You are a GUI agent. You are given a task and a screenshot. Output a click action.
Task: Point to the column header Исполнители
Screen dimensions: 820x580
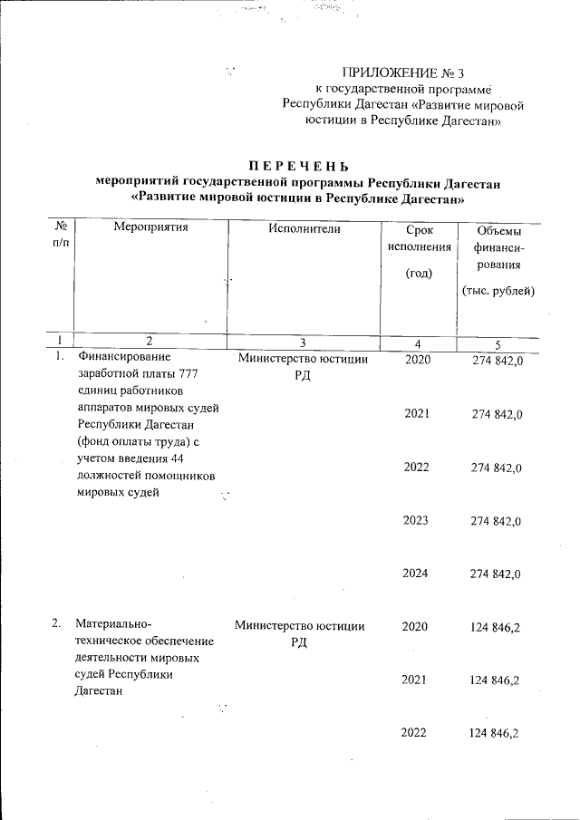(x=304, y=227)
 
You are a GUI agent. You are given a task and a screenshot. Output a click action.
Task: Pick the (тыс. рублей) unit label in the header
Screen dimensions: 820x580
(x=498, y=291)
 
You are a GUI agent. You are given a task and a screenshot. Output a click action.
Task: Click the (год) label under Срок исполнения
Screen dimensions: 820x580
(x=418, y=273)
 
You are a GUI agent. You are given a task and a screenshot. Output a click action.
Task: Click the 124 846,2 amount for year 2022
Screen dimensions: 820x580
(x=496, y=732)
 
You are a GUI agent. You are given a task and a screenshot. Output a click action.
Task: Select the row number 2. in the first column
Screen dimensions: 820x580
(x=56, y=623)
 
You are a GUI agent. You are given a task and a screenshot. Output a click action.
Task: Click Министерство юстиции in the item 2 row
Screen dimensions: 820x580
(x=300, y=625)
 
